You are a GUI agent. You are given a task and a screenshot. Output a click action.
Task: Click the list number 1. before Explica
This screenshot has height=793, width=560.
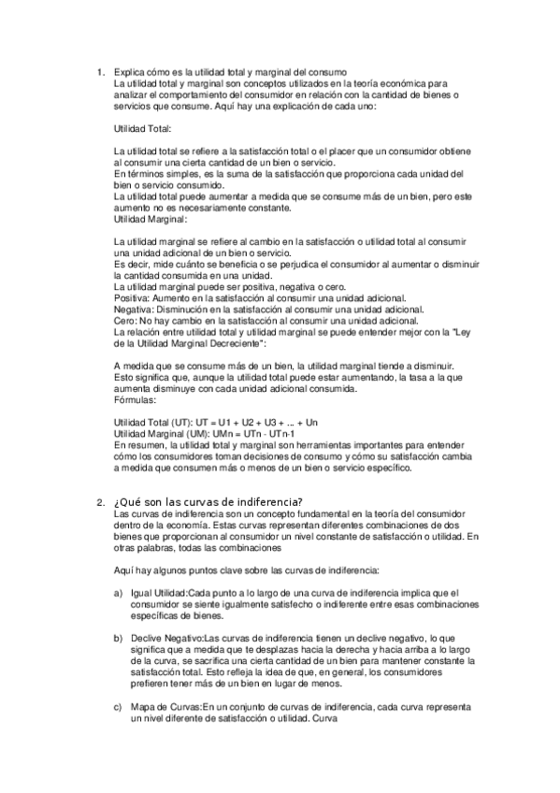(100, 72)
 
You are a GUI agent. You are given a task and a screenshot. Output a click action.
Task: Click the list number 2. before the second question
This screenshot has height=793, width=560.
(100, 502)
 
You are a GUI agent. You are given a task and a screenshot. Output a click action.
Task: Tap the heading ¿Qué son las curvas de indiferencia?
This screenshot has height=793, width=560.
(208, 502)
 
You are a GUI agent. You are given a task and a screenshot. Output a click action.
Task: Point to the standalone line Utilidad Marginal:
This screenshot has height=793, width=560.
(150, 220)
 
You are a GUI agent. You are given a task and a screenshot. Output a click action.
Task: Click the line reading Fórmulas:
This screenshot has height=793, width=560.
(136, 398)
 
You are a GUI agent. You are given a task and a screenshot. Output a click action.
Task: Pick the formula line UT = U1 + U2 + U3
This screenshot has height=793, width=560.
(215, 423)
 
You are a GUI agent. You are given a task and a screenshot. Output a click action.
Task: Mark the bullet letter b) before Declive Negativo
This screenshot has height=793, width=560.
(118, 638)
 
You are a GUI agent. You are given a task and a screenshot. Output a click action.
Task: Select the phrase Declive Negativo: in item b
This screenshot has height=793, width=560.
(166, 638)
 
